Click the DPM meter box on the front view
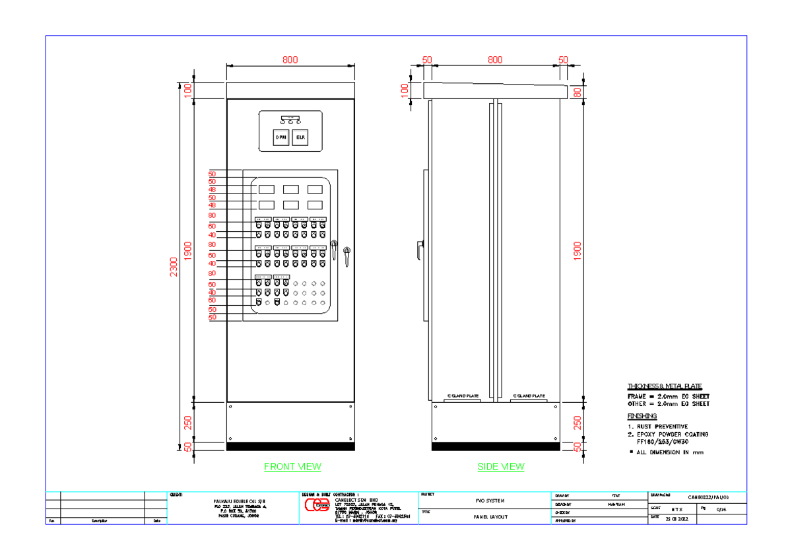281,137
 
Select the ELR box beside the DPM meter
301,137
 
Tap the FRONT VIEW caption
292,467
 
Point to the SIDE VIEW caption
501,467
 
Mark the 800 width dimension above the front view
290,59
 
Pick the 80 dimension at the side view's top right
578,92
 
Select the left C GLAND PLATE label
463,396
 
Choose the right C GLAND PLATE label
529,396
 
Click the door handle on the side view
419,250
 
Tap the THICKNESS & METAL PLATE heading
664,386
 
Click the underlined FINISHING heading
642,416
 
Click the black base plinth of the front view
290,446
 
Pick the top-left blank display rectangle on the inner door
266,190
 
